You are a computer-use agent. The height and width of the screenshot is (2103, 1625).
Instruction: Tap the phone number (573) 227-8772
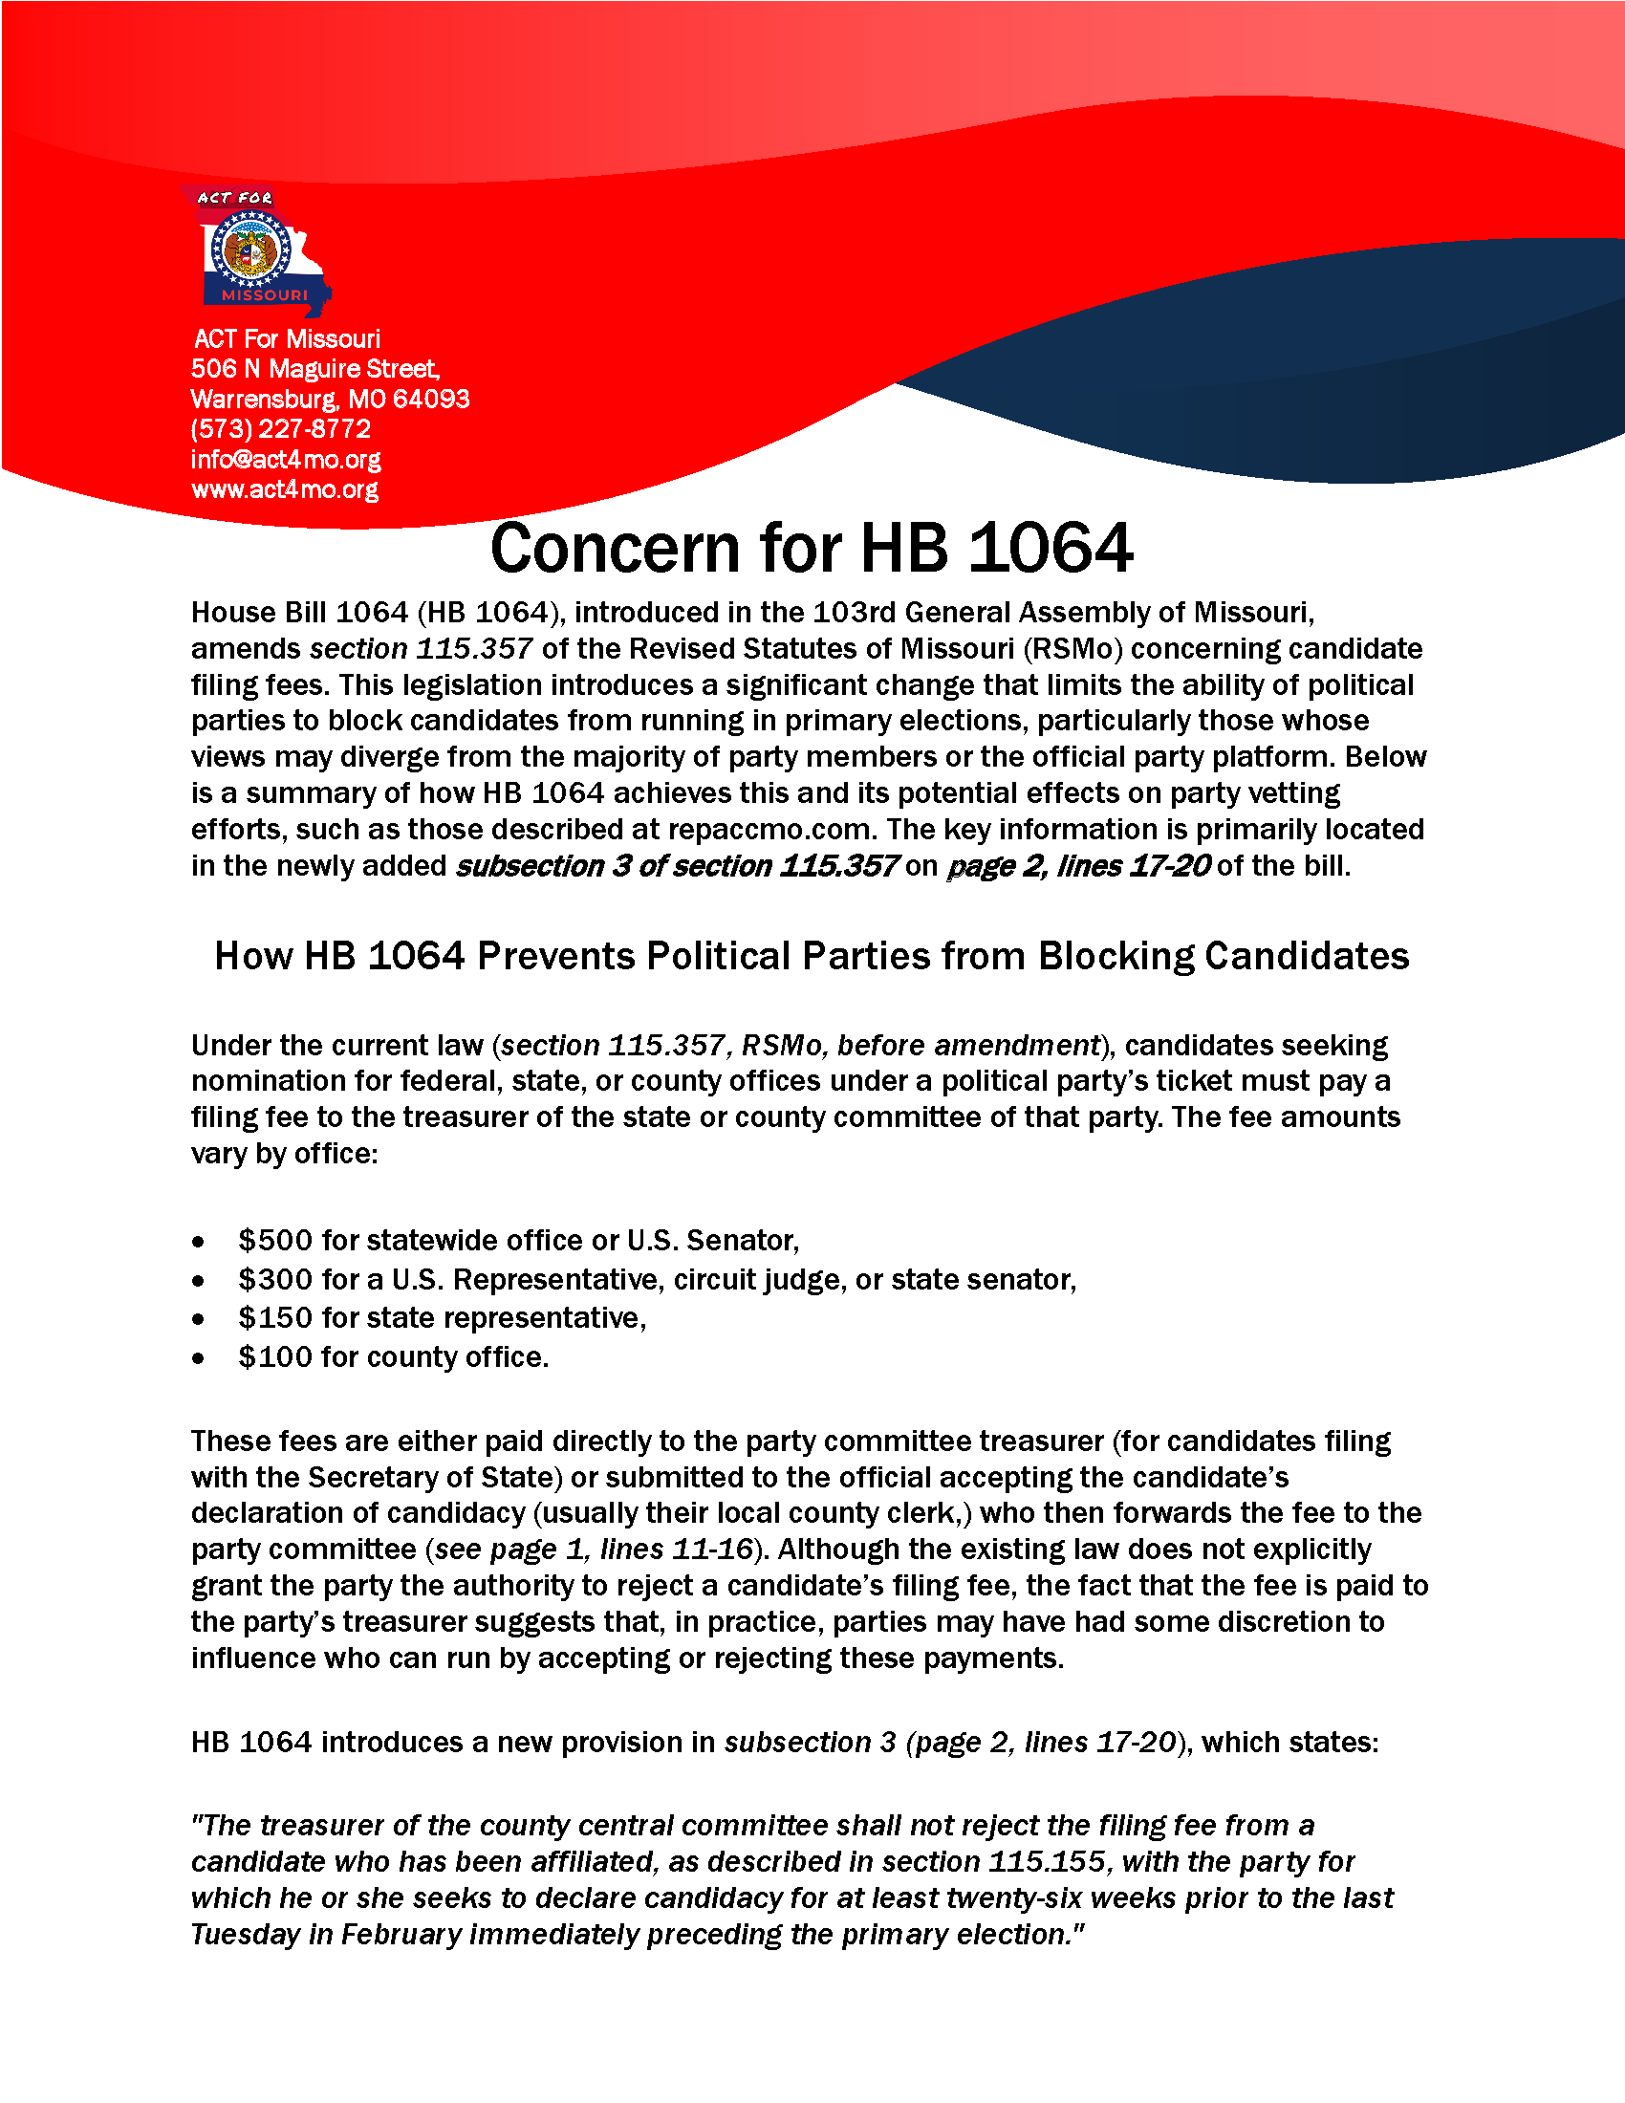pyautogui.click(x=280, y=428)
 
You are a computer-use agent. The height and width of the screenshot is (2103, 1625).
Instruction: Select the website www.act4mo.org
pyautogui.click(x=284, y=489)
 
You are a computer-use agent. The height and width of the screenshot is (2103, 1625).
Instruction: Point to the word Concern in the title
pyautogui.click(x=617, y=549)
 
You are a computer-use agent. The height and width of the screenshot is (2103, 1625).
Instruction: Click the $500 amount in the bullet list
pyautogui.click(x=275, y=1240)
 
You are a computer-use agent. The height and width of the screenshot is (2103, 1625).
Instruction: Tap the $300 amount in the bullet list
pyautogui.click(x=275, y=1279)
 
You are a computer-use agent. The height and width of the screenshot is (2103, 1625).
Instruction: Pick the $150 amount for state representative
pyautogui.click(x=275, y=1317)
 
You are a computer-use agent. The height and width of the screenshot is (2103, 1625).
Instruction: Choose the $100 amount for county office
pyautogui.click(x=275, y=1356)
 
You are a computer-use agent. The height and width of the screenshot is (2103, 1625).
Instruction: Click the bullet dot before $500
pyautogui.click(x=198, y=1242)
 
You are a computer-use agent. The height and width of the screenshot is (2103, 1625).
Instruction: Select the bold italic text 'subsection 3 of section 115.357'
pyautogui.click(x=677, y=866)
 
